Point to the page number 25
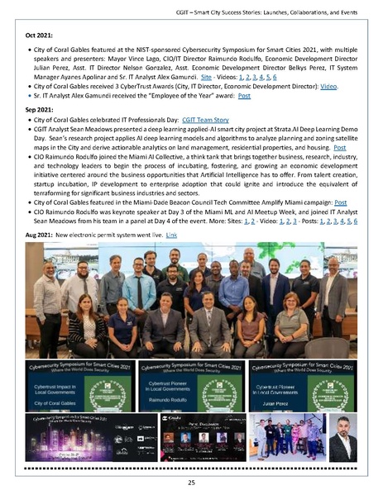click(x=191, y=481)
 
